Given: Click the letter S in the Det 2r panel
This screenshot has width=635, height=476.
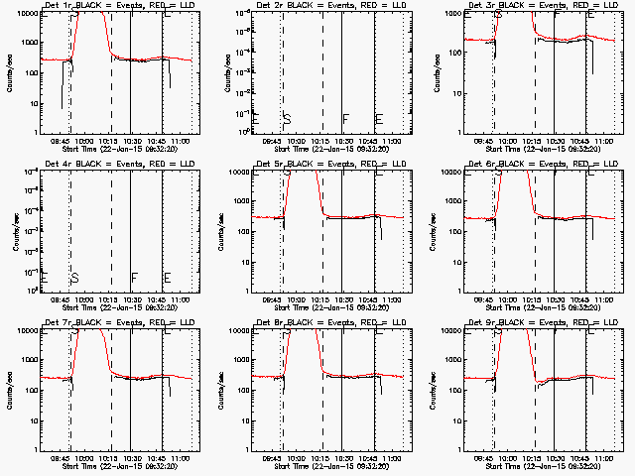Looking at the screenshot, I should coord(287,119).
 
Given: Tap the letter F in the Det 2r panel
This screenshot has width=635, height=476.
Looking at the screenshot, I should coord(345,119).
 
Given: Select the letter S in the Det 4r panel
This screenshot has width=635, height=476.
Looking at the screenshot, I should coord(74,278).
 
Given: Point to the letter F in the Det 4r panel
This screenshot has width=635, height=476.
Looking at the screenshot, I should coord(134,278).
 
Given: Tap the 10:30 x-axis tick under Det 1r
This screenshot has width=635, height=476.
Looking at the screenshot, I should coord(131,142).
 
